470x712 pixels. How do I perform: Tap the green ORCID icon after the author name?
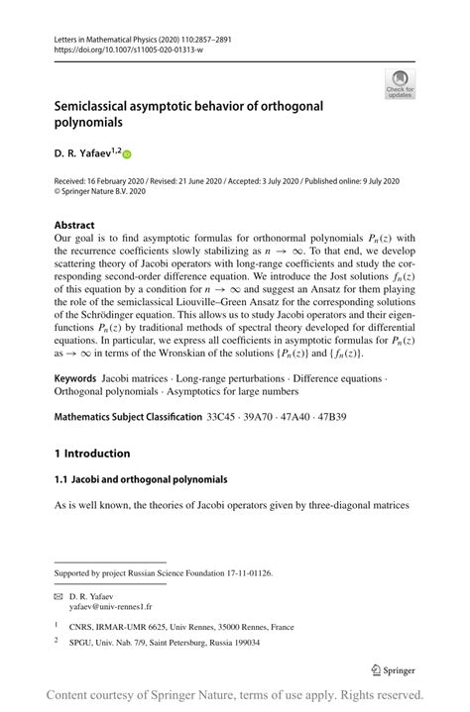pyautogui.click(x=127, y=153)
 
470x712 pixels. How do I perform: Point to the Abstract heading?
pyautogui.click(x=74, y=225)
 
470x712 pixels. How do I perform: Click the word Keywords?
pyautogui.click(x=75, y=379)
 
